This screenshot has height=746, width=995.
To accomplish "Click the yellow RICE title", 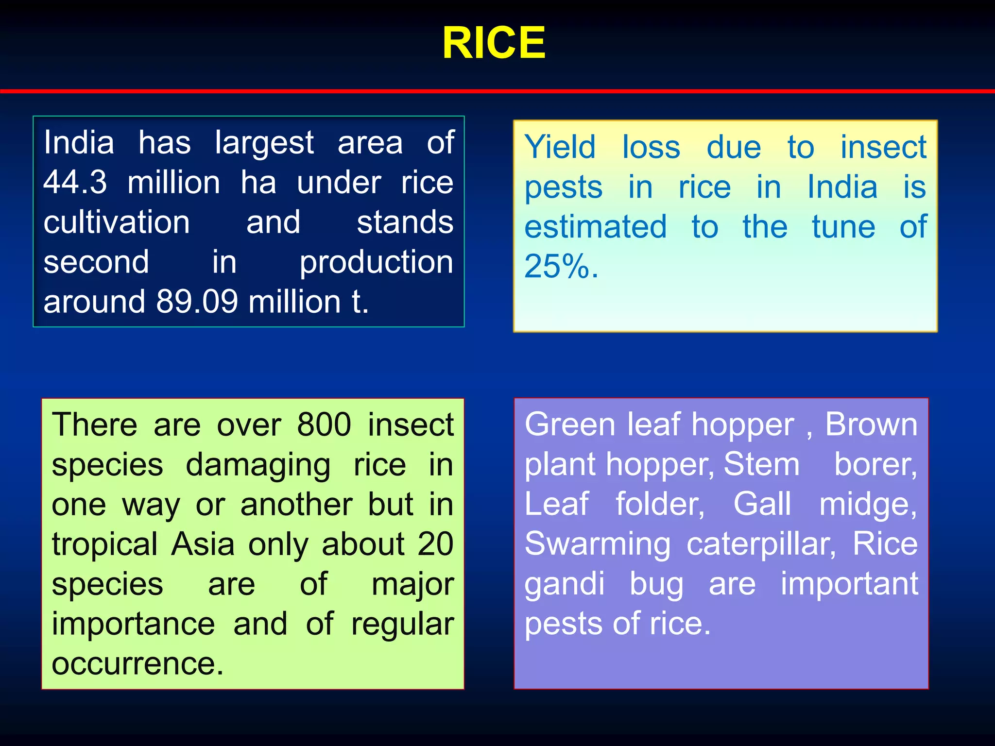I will click(x=494, y=43).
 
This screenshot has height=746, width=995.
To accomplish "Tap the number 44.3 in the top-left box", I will click(x=75, y=183).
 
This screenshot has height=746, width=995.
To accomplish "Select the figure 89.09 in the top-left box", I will click(x=197, y=302).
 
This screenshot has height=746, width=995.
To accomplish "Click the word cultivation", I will click(x=117, y=222).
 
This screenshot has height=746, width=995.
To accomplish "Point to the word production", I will click(x=376, y=262).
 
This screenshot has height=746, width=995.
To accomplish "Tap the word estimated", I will click(x=596, y=227).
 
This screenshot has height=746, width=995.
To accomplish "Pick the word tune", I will click(x=843, y=227).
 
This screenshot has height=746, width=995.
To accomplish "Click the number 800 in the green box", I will click(x=324, y=424).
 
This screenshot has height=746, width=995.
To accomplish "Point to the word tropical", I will click(x=104, y=544).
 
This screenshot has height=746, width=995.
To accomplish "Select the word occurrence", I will click(x=137, y=663).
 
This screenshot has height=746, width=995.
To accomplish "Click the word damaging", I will click(x=258, y=465).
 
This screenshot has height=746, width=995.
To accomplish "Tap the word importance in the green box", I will click(x=133, y=624).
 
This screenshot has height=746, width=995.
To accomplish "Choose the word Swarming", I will click(x=598, y=544).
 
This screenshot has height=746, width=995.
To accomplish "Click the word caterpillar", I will click(x=761, y=544).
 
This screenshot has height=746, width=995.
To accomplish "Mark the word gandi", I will click(x=565, y=584).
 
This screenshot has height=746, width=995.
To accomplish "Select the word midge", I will click(x=868, y=504).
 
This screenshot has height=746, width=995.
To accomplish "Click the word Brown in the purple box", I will click(x=871, y=424).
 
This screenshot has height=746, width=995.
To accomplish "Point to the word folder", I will click(x=660, y=504).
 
